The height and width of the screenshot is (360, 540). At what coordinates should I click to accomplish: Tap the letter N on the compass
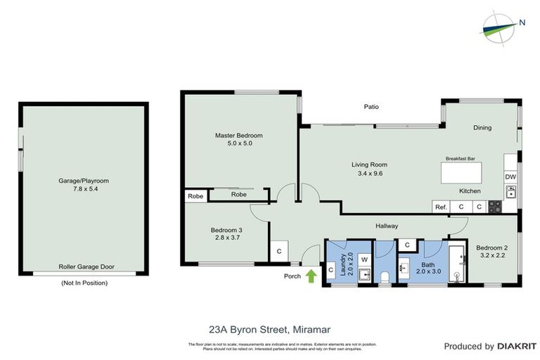pyautogui.click(x=522, y=22)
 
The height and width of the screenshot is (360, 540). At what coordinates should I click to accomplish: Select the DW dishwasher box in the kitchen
pyautogui.click(x=510, y=176)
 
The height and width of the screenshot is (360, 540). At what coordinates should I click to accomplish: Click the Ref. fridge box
pyautogui.click(x=441, y=207)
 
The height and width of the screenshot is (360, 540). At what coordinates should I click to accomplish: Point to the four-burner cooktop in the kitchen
pyautogui.click(x=495, y=207)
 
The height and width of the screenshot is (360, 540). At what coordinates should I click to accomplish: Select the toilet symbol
pyautogui.click(x=385, y=279)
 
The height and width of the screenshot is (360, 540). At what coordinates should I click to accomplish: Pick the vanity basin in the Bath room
pyautogui.click(x=405, y=267)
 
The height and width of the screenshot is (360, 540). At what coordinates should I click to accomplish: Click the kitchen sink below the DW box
pyautogui.click(x=510, y=191)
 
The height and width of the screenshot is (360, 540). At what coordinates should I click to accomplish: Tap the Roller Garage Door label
pyautogui.click(x=87, y=267)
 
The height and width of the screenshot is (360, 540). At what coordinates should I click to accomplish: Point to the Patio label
pyautogui.click(x=371, y=107)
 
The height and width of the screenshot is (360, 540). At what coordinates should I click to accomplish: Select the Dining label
pyautogui.click(x=482, y=127)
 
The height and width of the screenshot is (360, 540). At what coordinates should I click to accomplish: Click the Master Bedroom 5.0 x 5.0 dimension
pyautogui.click(x=238, y=143)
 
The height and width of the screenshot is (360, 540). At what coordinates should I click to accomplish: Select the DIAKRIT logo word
pyautogui.click(x=517, y=346)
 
